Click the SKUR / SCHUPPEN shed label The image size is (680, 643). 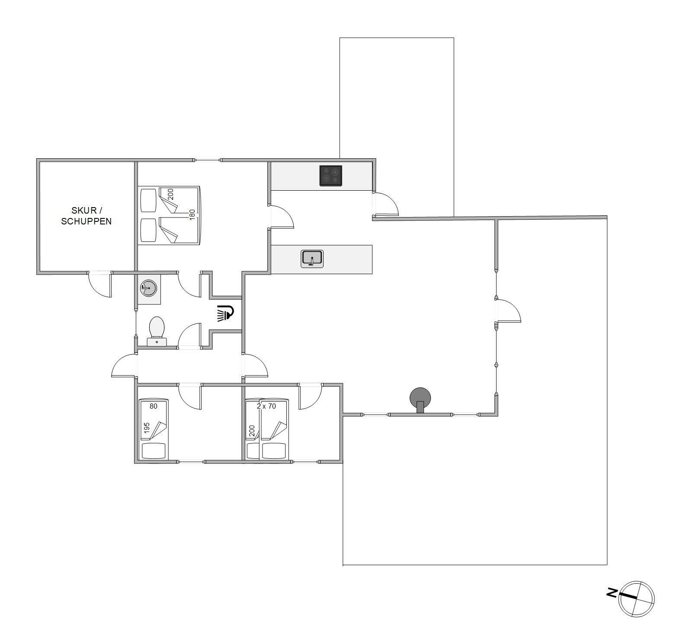point(86,216)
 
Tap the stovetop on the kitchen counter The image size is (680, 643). point(331,176)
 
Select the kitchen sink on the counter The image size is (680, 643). point(312,259)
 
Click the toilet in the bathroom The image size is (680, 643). point(157,331)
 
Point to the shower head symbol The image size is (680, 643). point(225,313)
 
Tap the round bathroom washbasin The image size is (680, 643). point(148,288)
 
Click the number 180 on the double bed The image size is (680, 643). point(192,214)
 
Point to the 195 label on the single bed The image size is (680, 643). point(147,428)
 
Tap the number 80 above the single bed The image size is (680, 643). point(154,406)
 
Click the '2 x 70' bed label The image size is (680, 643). point(266,406)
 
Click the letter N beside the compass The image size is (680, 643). point(612,593)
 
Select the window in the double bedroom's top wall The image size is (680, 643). point(207,160)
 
